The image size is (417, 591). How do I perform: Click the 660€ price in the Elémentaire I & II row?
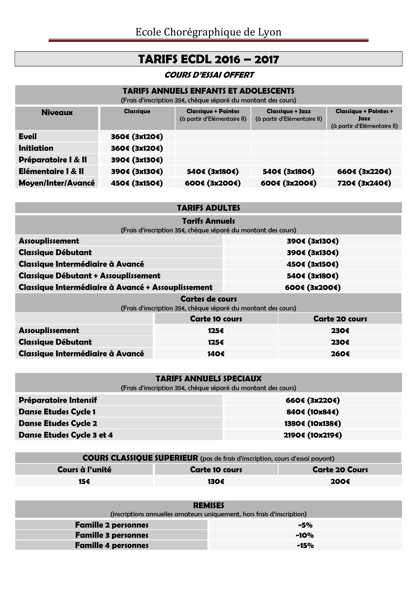pyautogui.click(x=364, y=171)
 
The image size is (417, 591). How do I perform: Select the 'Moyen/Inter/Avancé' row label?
pyautogui.click(x=57, y=183)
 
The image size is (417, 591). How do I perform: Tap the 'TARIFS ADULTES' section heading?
pyautogui.click(x=208, y=208)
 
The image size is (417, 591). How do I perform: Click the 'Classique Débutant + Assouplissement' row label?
pyautogui.click(x=89, y=276)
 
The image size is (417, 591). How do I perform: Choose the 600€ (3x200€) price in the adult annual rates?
pyautogui.click(x=313, y=287)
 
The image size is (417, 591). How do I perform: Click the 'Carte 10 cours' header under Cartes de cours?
pyautogui.click(x=216, y=319)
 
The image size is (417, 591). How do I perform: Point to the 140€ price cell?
pyautogui.click(x=216, y=354)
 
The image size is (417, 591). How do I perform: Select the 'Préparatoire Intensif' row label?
pyautogui.click(x=58, y=400)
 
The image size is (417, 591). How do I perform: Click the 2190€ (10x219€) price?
pyautogui.click(x=313, y=435)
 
